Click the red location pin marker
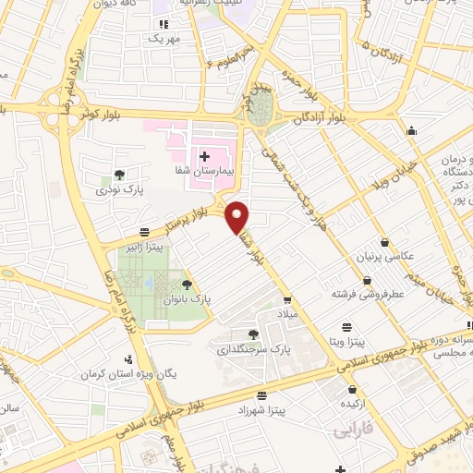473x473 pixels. (x=237, y=217)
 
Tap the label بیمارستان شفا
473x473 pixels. (x=208, y=171)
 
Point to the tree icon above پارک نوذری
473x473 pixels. (x=119, y=174)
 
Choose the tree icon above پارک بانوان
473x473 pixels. (x=188, y=285)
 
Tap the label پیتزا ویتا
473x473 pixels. (x=348, y=342)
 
